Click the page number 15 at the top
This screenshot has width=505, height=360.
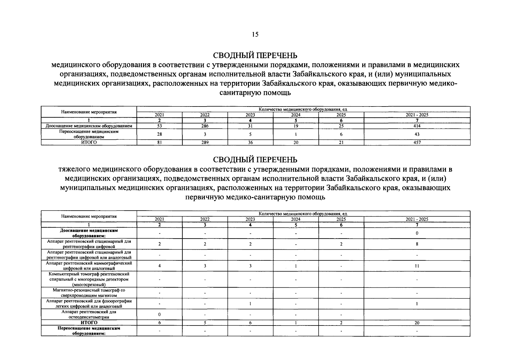point(255,34)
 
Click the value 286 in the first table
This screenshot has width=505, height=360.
point(205,126)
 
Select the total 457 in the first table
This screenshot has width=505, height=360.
point(417,142)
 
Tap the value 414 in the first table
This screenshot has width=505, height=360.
point(417,126)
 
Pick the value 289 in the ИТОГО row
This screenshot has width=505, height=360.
point(205,142)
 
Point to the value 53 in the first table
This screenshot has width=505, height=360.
point(160,126)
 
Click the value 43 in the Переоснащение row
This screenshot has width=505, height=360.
point(417,134)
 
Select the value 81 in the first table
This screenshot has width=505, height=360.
point(160,142)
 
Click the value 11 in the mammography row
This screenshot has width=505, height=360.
point(417,266)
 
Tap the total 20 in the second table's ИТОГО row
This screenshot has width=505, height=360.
point(417,323)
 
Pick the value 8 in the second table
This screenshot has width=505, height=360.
point(417,244)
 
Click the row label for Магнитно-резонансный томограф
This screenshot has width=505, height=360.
point(89,293)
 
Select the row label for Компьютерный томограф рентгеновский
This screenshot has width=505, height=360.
point(89,279)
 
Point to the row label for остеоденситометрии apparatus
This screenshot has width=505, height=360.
point(89,314)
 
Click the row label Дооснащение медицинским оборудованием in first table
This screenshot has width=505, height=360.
point(89,126)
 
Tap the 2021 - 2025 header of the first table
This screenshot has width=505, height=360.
point(417,115)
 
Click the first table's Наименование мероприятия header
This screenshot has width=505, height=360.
point(89,112)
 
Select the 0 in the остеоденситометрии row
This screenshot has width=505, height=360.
point(160,314)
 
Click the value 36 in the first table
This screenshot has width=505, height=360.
point(250,142)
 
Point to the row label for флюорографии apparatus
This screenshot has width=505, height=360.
point(89,303)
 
